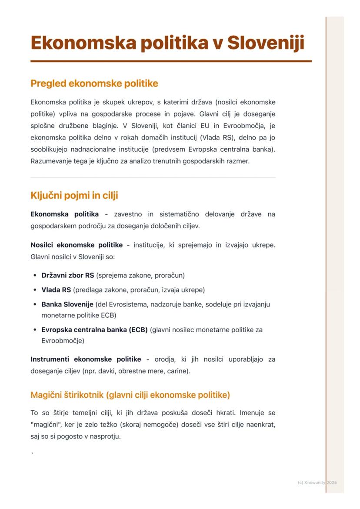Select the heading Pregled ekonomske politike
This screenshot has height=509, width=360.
[x=94, y=83]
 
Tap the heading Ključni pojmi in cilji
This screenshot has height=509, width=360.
[x=74, y=195]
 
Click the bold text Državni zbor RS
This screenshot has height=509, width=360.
[x=67, y=275]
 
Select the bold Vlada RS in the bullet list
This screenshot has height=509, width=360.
[x=56, y=289]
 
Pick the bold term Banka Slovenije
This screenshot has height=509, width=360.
[x=67, y=304]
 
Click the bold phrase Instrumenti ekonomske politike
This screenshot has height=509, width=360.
[x=86, y=359]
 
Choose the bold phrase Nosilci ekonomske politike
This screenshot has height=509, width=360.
[x=77, y=245]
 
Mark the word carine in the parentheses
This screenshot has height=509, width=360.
[x=179, y=371]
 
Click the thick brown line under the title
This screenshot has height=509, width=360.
[x=171, y=61]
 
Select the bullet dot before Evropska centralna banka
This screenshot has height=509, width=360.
[x=35, y=330]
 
